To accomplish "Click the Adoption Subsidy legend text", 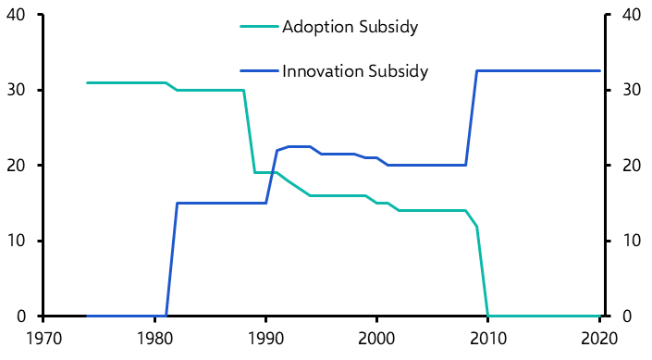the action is pos(351,27).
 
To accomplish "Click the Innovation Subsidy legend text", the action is pos(355,71).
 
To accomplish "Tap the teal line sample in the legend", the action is pos(259,27).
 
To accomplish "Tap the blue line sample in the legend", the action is pos(259,71).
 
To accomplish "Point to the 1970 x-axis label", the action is pos(44,339).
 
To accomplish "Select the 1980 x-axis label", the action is pos(154,339).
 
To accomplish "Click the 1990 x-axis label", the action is pos(266,339).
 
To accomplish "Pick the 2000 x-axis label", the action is pos(376,339).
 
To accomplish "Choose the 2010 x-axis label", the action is pos(488,339).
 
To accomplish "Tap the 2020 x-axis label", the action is pos(599,339).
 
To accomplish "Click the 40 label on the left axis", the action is pos(17,15).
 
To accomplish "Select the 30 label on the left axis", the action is pos(17,90).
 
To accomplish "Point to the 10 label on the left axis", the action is pos(17,241).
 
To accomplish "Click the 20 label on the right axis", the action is pos(632,166).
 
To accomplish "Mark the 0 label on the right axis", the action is pos(627,317).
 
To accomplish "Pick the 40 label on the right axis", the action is pos(632,15).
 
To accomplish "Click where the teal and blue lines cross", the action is pos(272,172).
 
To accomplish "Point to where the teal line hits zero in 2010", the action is pos(487,316).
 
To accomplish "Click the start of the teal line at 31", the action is pos(87,82).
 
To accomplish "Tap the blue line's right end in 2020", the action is pos(599,71).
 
